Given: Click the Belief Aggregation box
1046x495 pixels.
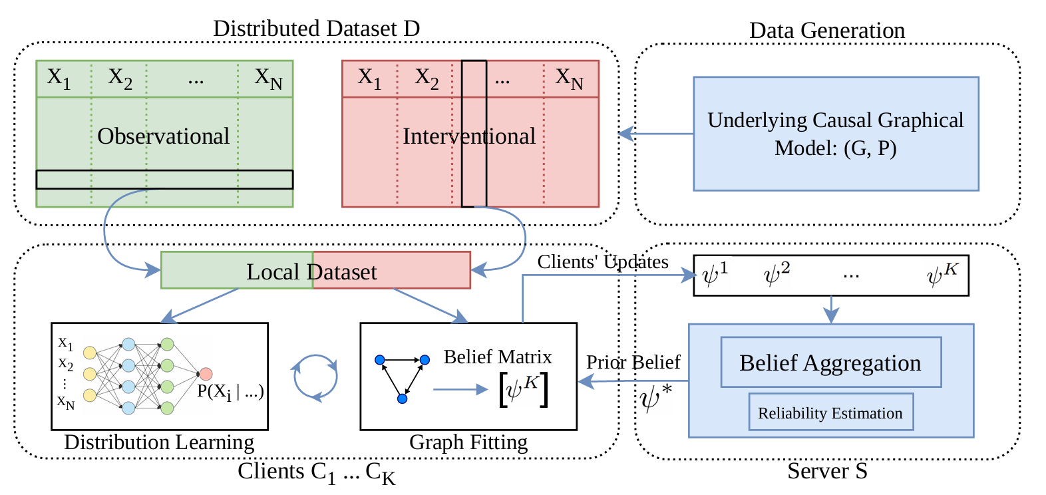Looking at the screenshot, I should point(830,363).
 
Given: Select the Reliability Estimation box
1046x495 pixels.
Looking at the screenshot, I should point(830,412).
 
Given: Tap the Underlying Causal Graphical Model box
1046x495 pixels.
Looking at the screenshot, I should point(836,134).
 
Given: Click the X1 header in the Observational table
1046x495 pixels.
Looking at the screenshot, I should point(59,79).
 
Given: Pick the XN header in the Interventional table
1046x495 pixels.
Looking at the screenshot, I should point(570,79).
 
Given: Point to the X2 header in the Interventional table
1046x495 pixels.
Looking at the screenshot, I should point(427,79).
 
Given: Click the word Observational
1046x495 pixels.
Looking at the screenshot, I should point(163,136).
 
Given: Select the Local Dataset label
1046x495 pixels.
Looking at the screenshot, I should point(311,271).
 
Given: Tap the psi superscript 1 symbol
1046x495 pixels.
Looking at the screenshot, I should point(715,274).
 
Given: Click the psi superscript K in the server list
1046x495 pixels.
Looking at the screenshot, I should point(942,274).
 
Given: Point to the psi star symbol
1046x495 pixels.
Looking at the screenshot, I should point(655,399).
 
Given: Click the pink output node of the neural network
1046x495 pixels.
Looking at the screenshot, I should point(206,374).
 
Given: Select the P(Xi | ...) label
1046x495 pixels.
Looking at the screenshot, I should point(230,392).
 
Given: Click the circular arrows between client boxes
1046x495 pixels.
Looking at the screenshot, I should point(315,377).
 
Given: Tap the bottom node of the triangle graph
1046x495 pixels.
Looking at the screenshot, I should point(402,399).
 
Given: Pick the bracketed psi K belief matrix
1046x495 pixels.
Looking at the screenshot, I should point(524,390).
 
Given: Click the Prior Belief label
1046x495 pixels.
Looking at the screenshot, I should point(633,362).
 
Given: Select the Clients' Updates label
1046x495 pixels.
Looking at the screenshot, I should point(603,262).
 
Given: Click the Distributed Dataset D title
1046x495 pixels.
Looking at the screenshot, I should point(316,29).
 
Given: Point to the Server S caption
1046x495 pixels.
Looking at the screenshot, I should point(827,471).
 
